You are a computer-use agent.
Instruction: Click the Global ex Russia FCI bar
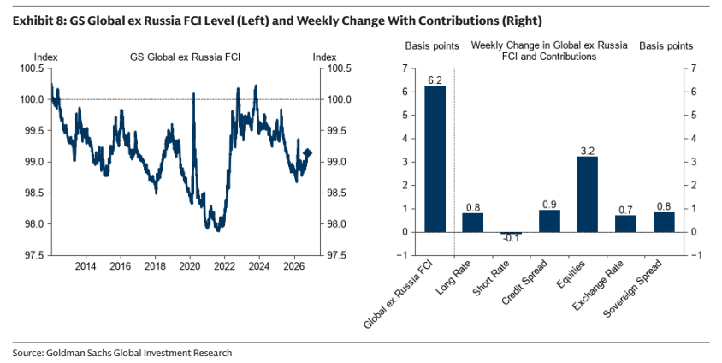click(x=435, y=159)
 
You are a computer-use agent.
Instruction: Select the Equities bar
click(x=587, y=194)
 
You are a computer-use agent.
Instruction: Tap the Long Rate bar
click(x=473, y=223)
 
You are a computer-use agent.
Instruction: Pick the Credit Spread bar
click(x=549, y=221)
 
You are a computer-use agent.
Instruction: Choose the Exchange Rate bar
click(x=625, y=224)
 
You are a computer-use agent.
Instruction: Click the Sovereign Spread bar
click(x=664, y=223)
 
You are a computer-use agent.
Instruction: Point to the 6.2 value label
click(x=435, y=80)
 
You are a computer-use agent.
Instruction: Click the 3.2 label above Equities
click(x=588, y=151)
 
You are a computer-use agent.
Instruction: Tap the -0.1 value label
click(x=511, y=239)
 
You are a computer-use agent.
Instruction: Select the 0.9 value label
click(x=549, y=205)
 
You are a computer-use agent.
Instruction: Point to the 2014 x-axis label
click(x=86, y=266)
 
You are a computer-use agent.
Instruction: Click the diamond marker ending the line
click(x=308, y=153)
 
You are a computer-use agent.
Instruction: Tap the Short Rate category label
click(x=491, y=279)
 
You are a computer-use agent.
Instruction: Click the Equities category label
click(x=571, y=275)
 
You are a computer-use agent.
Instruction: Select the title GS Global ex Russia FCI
click(x=185, y=57)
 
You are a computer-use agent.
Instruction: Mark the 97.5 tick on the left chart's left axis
click(x=34, y=255)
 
